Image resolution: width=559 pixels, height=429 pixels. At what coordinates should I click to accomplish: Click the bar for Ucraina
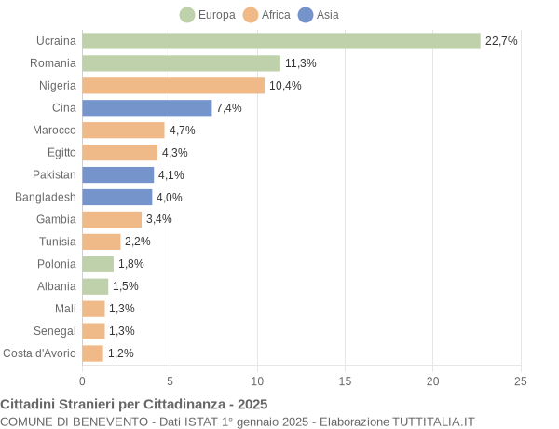point(281,41)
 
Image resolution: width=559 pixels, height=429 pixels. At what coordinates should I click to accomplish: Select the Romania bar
point(181,63)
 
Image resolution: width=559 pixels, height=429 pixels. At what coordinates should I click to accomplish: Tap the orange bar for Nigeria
point(173,86)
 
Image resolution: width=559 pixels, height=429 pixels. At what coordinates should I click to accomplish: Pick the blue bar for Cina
point(147,108)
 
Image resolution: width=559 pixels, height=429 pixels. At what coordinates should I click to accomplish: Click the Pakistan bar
point(118,174)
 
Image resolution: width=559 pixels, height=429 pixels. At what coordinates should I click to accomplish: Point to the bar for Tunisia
point(102,242)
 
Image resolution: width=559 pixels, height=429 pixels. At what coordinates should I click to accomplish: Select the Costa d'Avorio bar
point(93,353)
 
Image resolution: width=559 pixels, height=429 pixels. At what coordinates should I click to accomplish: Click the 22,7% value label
point(501,41)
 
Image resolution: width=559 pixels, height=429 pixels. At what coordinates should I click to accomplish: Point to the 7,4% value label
point(229,108)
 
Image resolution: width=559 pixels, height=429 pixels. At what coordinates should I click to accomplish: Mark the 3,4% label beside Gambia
point(159,219)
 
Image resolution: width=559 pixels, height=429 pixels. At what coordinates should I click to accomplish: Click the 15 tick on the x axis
point(346,381)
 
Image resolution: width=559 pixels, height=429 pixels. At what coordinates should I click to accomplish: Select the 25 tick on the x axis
point(521,381)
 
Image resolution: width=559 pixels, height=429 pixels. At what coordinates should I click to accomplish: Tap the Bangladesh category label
point(46,197)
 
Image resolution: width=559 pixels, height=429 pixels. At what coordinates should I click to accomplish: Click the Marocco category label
point(54,131)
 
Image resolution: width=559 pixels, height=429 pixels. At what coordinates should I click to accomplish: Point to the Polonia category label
point(56,264)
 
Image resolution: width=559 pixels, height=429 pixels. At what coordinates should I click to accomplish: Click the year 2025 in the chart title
point(252,404)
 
